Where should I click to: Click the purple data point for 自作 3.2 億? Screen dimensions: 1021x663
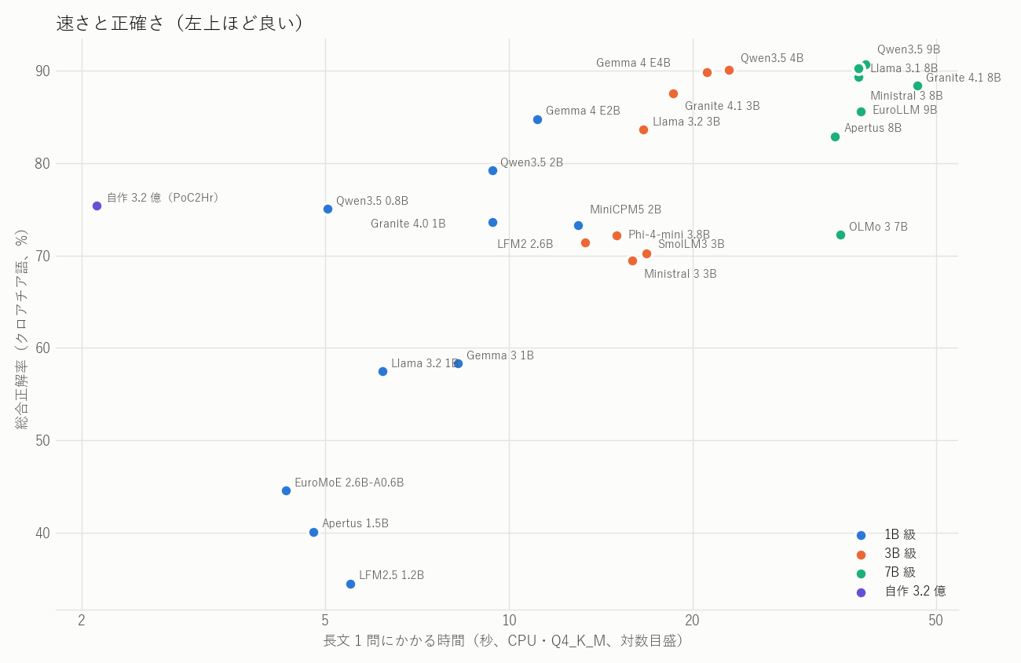point(97,206)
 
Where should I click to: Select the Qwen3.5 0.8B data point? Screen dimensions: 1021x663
point(328,209)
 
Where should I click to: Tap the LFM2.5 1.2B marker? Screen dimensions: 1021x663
point(350,585)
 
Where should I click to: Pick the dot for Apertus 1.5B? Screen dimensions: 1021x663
point(313,532)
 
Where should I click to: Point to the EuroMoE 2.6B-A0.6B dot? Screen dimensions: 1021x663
point(286,491)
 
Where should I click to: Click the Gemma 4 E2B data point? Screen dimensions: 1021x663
point(537,120)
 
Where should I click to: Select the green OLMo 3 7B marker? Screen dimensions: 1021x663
point(840,235)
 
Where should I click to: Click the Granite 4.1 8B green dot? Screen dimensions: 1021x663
point(917,86)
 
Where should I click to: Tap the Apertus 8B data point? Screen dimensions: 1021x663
point(835,137)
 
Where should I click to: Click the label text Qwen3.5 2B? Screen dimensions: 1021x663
point(532,162)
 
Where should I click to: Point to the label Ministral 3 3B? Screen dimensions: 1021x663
point(680,274)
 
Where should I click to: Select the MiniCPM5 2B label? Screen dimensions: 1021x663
point(625,209)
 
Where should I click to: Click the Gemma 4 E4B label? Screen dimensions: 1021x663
point(633,63)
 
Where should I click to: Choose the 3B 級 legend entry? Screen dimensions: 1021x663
point(900,553)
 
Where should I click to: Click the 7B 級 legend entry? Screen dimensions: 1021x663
point(900,572)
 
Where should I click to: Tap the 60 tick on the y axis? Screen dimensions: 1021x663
point(42,348)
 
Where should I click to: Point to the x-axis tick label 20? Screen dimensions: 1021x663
point(693,620)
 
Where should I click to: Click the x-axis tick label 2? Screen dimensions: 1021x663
point(82,620)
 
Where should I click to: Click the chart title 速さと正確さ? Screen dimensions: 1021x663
point(110,24)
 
